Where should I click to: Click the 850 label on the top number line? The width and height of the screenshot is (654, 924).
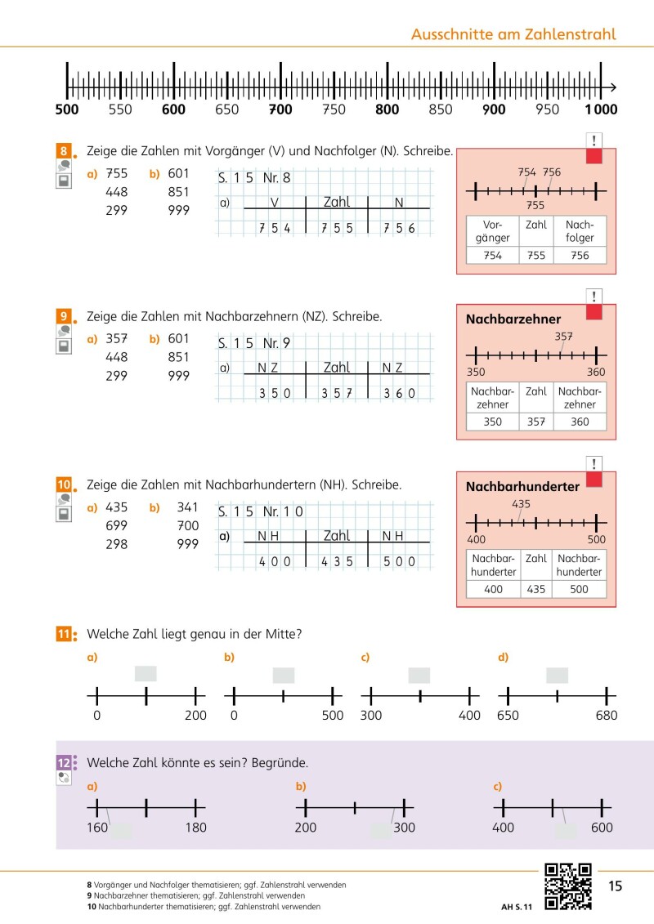click(441, 109)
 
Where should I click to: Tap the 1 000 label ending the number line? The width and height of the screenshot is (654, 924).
click(601, 109)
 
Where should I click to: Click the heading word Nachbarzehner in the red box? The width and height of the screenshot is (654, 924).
click(513, 319)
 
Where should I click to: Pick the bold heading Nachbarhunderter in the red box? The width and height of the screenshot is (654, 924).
click(522, 487)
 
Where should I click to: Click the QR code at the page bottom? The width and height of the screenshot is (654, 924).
click(568, 886)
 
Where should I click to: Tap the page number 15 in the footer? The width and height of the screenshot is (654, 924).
click(616, 886)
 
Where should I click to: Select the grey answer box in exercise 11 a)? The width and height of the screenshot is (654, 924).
click(146, 674)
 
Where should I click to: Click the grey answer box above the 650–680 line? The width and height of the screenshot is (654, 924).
click(558, 675)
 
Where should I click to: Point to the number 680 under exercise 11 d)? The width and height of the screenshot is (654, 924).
click(607, 716)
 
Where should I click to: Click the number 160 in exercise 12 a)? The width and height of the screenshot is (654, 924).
click(96, 828)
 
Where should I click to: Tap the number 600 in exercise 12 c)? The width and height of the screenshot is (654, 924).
click(602, 828)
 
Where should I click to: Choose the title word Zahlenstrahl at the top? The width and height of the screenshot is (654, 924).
click(571, 34)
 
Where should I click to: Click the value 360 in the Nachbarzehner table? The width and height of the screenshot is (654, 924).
click(580, 422)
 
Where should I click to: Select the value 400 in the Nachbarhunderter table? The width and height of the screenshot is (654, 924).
click(493, 589)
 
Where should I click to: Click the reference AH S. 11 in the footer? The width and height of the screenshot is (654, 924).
click(517, 907)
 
